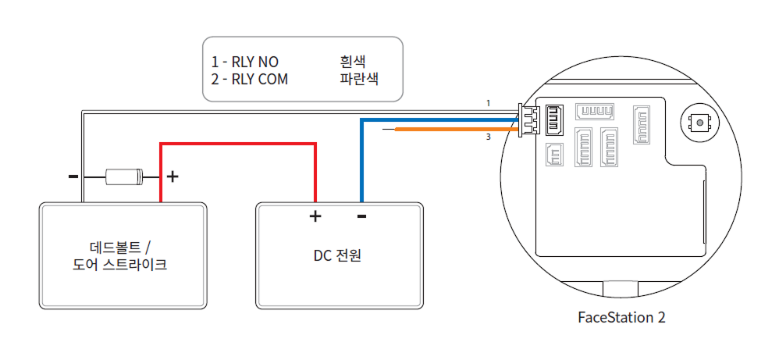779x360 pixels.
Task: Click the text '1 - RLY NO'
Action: coord(244,62)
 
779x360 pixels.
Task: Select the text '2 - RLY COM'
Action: coord(250,79)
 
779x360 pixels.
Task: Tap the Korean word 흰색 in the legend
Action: coord(353,62)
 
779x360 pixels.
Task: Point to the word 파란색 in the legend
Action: coord(359,79)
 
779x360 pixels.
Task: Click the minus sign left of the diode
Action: coord(73,176)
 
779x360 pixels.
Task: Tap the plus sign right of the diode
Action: coord(173,176)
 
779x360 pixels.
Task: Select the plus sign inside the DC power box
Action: coord(315,216)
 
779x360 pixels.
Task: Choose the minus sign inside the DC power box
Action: coord(361,216)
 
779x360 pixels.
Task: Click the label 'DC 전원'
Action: coord(340,255)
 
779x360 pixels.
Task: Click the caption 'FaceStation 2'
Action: coord(621,318)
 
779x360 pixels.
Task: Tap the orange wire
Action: coord(453,129)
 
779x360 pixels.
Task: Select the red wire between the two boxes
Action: coord(238,144)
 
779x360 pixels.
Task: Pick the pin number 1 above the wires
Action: coord(488,103)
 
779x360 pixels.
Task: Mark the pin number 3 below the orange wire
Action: coord(488,137)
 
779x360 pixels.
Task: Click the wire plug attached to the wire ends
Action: coord(528,120)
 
